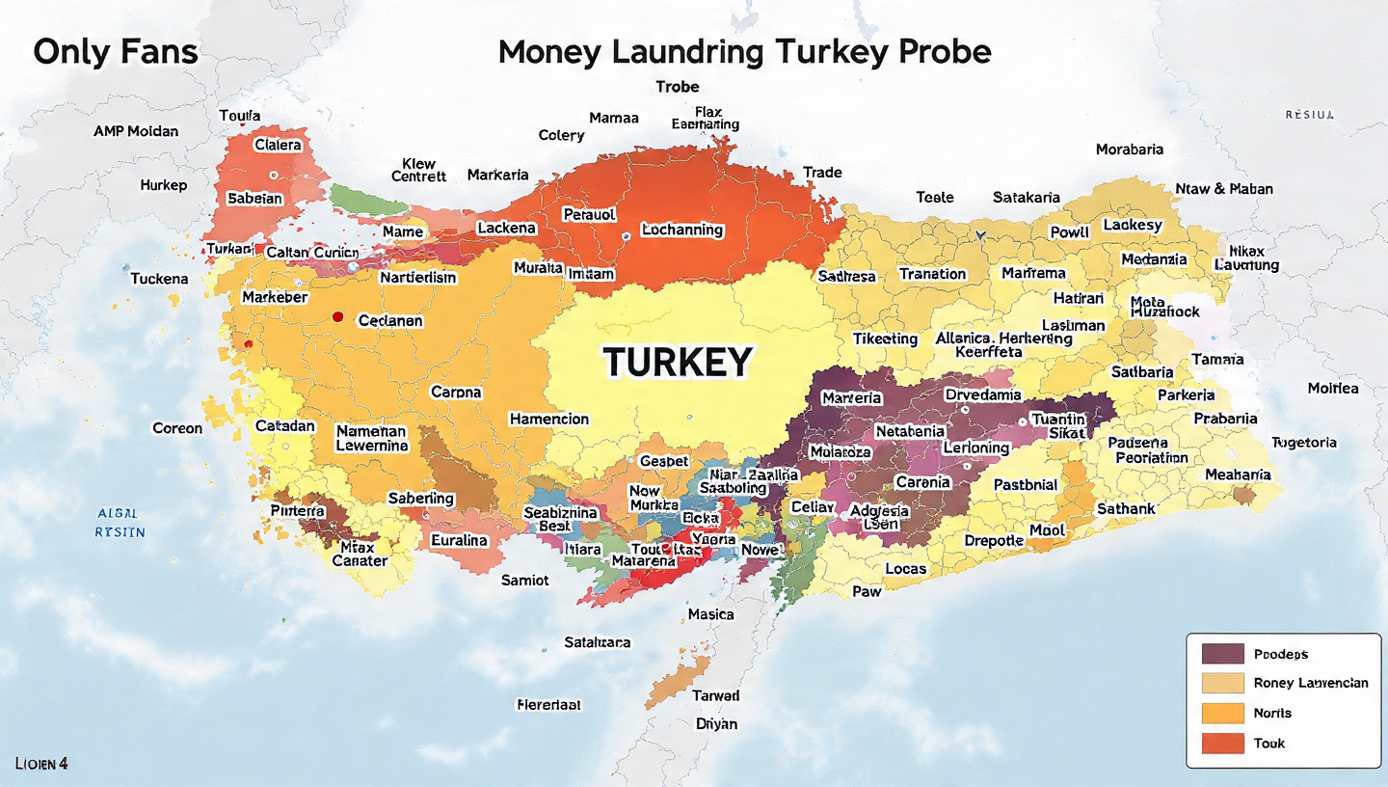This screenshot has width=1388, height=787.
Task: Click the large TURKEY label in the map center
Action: (677, 362)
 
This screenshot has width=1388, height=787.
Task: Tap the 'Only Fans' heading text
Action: (115, 51)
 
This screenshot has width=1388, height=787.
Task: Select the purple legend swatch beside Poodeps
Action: (1223, 653)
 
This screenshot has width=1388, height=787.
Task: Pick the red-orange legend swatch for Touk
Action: (1223, 744)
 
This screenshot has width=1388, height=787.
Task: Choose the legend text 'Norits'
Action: (1272, 713)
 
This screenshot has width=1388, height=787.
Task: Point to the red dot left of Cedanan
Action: (337, 316)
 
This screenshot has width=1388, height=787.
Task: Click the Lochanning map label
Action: (681, 230)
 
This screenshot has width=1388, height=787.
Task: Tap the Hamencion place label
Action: (548, 419)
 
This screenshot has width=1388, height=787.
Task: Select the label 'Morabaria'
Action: (1129, 149)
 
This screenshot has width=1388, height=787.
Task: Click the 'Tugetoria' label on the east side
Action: (1303, 442)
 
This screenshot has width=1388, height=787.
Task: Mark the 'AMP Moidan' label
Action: (136, 130)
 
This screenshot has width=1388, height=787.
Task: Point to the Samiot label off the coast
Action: (524, 580)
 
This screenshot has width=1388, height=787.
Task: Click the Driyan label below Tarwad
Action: (716, 723)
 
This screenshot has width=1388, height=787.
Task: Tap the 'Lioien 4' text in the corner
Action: (41, 763)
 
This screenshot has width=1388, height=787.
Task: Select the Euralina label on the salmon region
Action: (459, 539)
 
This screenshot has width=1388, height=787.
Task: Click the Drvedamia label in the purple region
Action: (982, 394)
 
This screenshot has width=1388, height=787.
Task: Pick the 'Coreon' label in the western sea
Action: (177, 427)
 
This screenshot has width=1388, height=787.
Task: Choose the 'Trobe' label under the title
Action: (677, 87)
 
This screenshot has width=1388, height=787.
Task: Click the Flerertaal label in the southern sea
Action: (548, 704)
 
